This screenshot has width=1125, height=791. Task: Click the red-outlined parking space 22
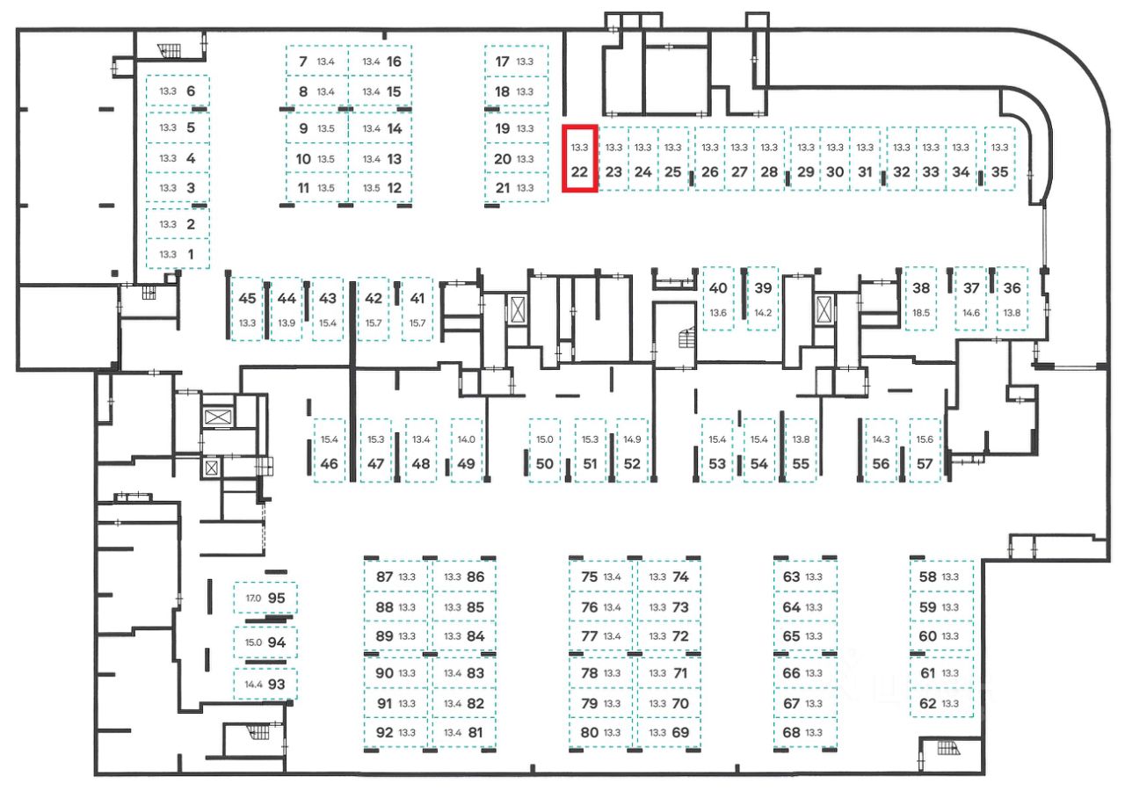point(579,159)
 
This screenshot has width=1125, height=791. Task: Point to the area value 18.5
point(921,313)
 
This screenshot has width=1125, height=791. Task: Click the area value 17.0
point(253,599)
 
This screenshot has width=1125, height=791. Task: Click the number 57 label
point(924,464)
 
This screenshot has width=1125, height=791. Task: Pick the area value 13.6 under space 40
point(718,314)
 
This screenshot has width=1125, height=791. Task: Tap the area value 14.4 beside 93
point(253,684)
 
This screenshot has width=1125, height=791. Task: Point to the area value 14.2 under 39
point(763,314)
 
